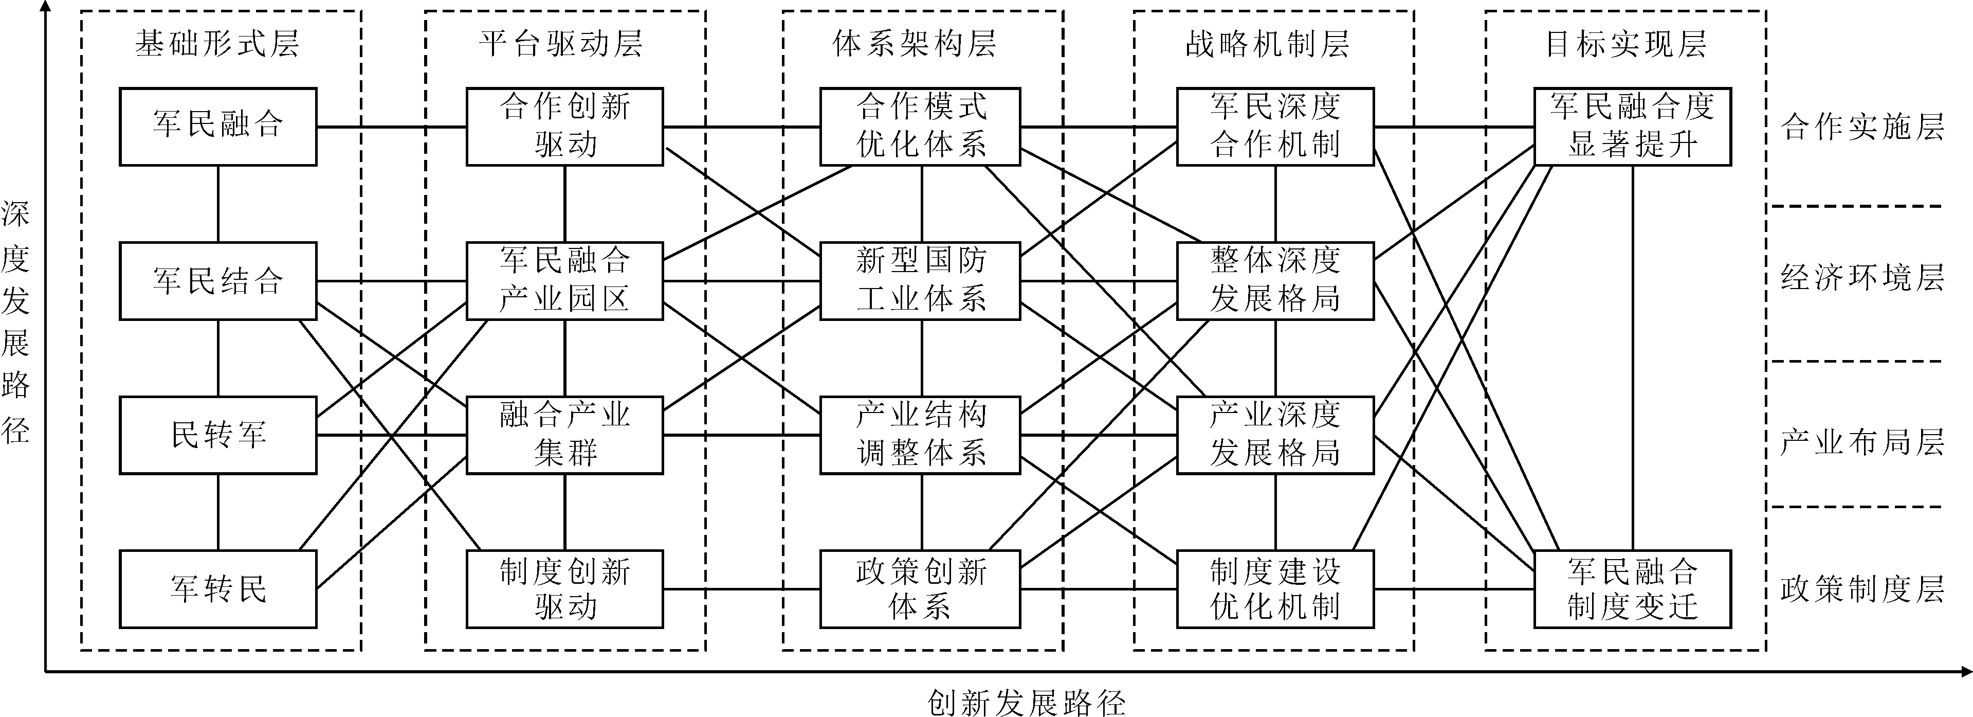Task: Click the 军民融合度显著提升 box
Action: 1632,127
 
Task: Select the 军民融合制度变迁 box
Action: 1632,589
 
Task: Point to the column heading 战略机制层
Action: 1268,44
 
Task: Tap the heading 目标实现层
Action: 1626,44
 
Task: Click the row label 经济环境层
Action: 1862,277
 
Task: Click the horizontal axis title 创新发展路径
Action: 1026,702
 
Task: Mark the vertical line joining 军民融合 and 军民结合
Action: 218,204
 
